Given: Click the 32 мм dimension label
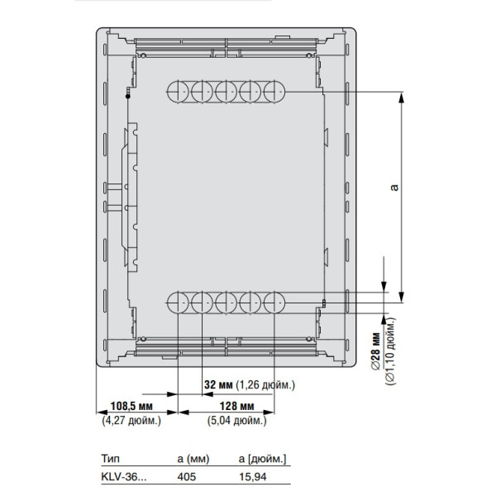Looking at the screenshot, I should click(218, 385).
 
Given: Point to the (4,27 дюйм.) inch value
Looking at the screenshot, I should click(132, 421).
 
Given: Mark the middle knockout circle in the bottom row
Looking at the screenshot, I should click(226, 303).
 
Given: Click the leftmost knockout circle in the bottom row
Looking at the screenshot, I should click(179, 303).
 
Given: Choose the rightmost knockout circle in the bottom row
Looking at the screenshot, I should click(274, 303).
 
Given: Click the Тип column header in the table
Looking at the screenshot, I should click(110, 457).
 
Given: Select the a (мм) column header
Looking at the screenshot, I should click(193, 457).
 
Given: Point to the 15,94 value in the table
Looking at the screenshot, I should click(251, 475).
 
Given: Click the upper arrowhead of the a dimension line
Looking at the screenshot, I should click(401, 98).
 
